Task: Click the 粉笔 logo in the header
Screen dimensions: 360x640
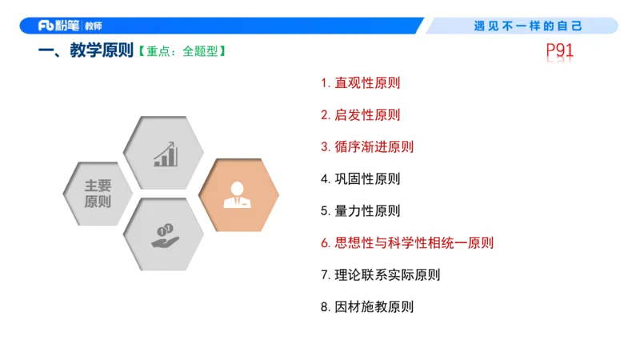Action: click(59, 26)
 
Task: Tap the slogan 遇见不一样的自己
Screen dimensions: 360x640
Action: click(528, 26)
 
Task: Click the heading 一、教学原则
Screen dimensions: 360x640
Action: click(85, 52)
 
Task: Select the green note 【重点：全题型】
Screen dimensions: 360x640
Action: click(182, 52)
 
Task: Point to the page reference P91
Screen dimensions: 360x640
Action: click(560, 50)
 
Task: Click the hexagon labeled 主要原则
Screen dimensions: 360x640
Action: click(98, 194)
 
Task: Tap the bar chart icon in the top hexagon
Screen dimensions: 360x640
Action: click(166, 154)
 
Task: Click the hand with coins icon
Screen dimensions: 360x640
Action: click(166, 235)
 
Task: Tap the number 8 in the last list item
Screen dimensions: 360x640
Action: click(325, 306)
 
